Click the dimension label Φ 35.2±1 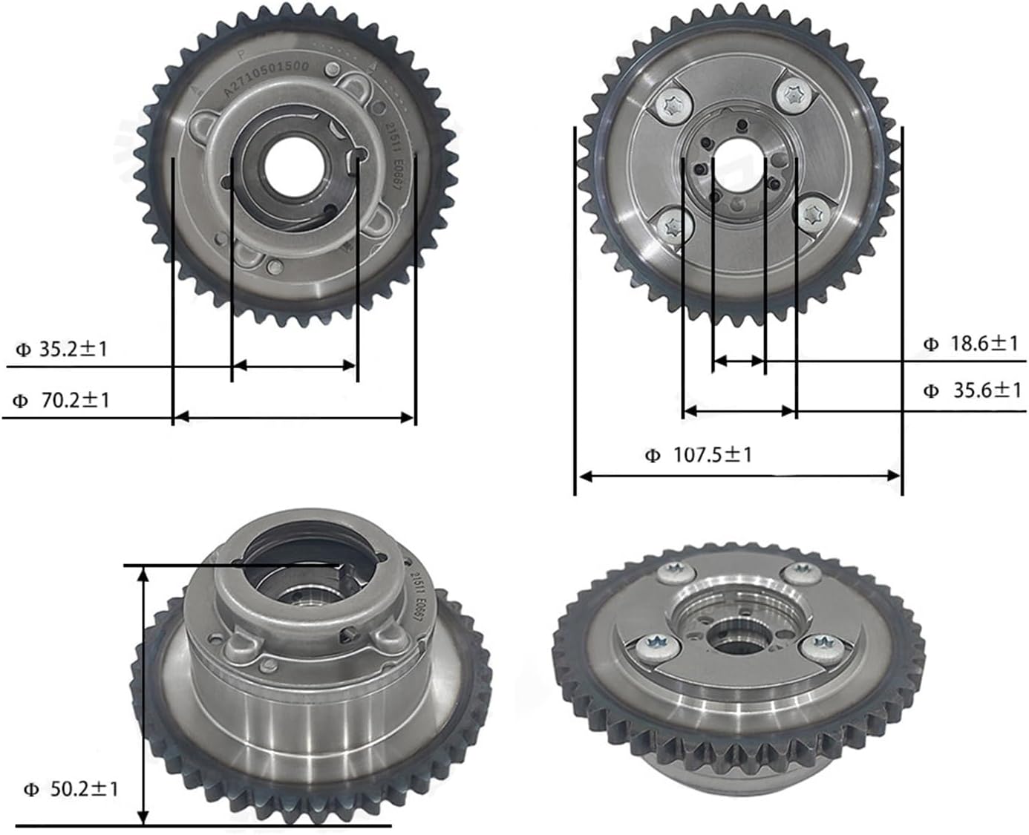[62, 349]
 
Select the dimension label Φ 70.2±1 [62, 401]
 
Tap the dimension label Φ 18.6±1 [971, 344]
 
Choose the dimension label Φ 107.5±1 [699, 454]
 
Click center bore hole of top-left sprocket [294, 165]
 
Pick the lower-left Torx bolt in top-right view [673, 226]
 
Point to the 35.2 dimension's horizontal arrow [295, 365]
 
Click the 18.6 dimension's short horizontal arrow [739, 361]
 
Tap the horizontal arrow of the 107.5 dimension [739, 476]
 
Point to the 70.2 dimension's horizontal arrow [294, 417]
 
